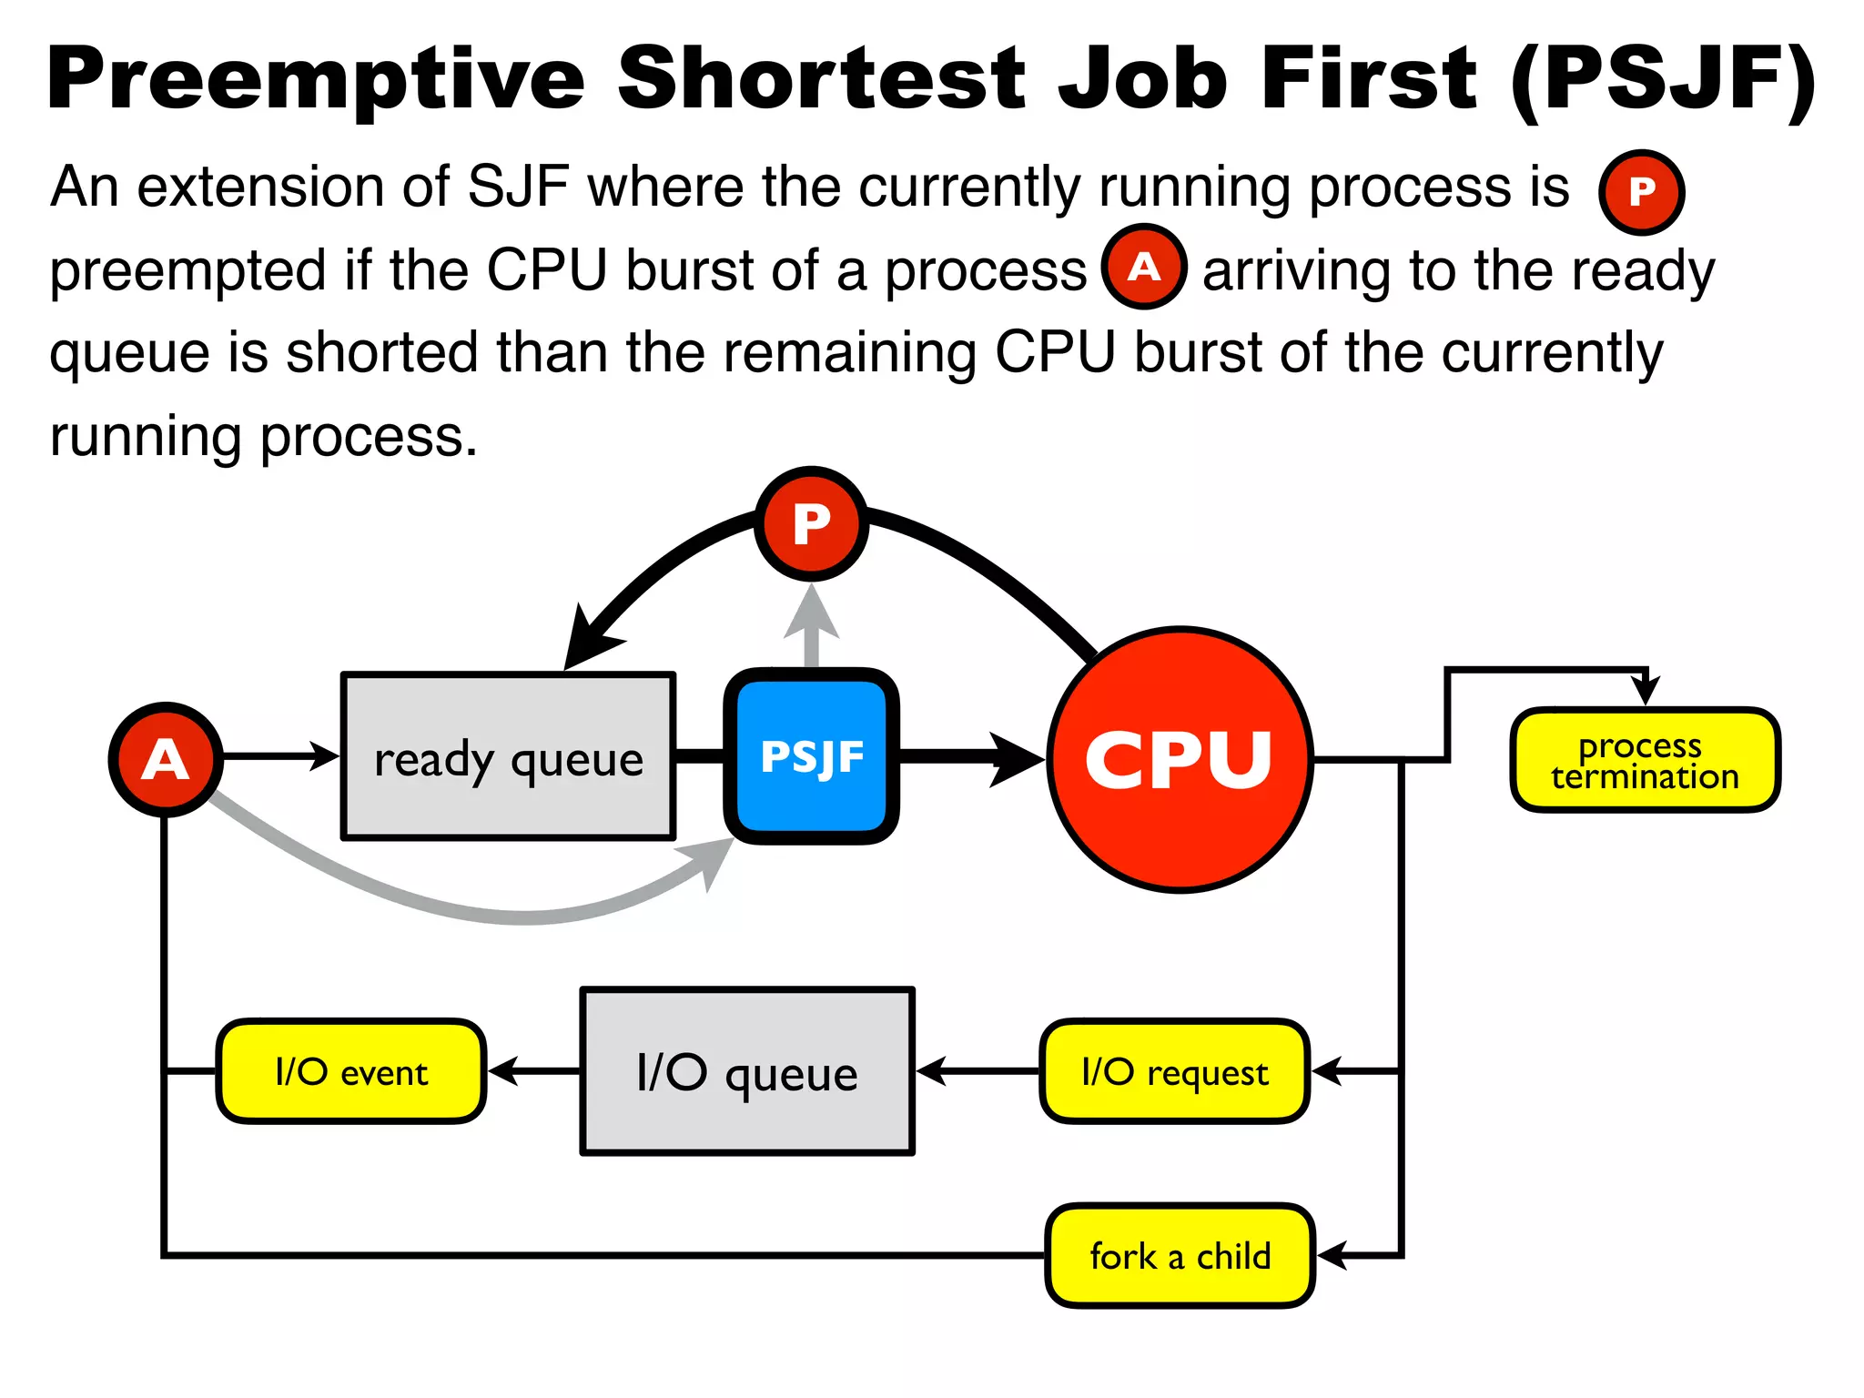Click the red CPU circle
[x=1180, y=759]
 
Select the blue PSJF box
[x=812, y=756]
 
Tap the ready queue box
[x=508, y=756]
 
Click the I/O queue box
[x=747, y=1071]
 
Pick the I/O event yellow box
[x=351, y=1071]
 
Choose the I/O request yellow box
[x=1174, y=1071]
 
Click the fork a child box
[x=1180, y=1256]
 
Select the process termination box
[x=1645, y=760]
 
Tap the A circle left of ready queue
[x=166, y=759]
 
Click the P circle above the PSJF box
[x=811, y=524]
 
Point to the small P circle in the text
[x=1642, y=192]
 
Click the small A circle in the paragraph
[x=1144, y=267]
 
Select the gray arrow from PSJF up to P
[x=811, y=628]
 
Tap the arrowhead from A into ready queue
[x=324, y=755]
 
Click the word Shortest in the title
[x=821, y=79]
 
